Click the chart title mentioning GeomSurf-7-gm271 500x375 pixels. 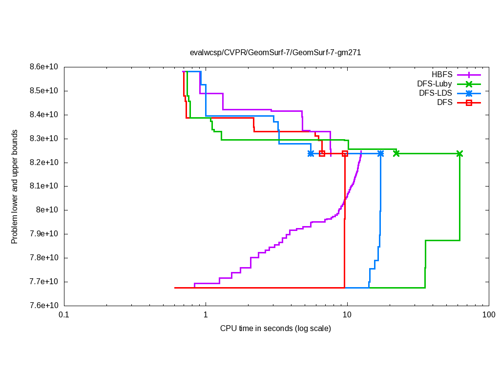pos(275,53)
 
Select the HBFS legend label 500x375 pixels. pos(442,75)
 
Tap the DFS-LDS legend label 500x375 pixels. pos(436,93)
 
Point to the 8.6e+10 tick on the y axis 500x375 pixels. pos(45,67)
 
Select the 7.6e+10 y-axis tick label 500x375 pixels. pos(45,306)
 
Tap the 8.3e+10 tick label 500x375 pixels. pos(45,139)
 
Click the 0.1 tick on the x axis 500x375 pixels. pos(64,315)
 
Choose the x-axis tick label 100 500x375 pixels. pos(488,315)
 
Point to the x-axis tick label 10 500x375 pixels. pos(347,315)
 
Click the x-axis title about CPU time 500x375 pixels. pos(275,328)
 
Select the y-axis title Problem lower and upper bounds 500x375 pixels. pos(15,187)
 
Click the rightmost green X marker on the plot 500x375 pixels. pos(459,153)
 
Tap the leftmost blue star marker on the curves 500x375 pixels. pos(311,153)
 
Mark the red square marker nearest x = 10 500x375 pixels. pos(345,153)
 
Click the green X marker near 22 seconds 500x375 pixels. pos(396,153)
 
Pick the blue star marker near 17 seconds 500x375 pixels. pos(380,153)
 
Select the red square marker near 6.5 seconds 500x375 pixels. pos(322,153)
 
